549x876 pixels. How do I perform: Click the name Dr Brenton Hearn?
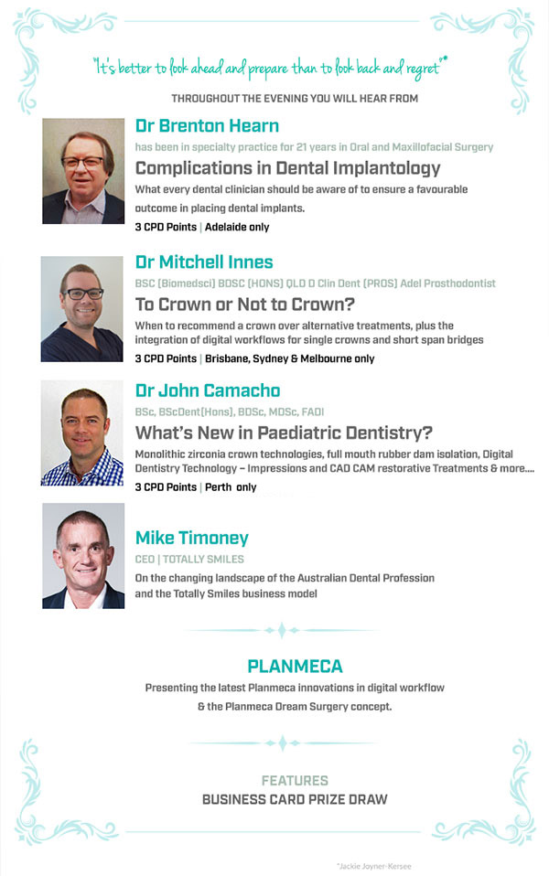(207, 125)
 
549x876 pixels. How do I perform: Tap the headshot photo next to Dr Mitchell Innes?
(82, 309)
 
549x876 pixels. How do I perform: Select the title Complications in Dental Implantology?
(288, 168)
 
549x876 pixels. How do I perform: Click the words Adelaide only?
(237, 227)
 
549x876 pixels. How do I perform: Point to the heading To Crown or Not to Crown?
(245, 304)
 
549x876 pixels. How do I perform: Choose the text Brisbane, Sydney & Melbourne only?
(289, 358)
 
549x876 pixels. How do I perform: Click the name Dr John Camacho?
(208, 390)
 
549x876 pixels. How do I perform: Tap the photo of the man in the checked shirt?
(82, 433)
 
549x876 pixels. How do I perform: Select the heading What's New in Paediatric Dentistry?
(284, 433)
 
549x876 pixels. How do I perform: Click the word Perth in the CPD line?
(218, 487)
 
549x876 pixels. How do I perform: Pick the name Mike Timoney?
(192, 538)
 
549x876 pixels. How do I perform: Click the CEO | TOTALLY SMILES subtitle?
(189, 560)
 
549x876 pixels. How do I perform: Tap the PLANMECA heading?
(296, 666)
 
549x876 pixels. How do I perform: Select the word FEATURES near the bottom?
(295, 781)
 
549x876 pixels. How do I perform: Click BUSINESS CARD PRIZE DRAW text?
(295, 799)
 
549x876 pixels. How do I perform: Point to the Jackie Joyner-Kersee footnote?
(374, 867)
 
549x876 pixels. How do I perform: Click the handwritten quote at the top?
(271, 67)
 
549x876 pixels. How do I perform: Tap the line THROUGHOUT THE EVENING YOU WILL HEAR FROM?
(295, 99)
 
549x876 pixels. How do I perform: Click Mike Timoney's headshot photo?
(83, 556)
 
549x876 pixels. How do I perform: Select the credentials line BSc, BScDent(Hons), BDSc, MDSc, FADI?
(230, 412)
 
